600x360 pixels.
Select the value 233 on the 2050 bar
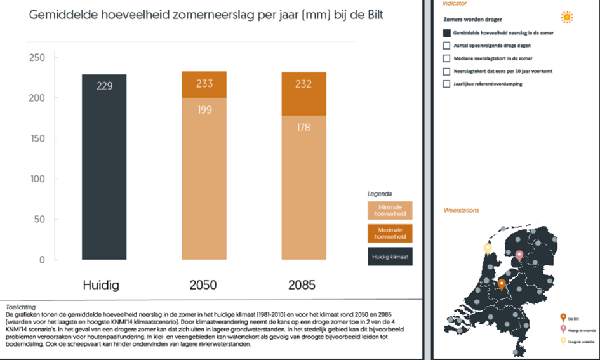pyautogui.click(x=204, y=84)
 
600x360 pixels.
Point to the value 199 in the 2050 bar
pyautogui.click(x=204, y=110)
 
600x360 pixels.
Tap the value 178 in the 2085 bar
pyautogui.click(x=303, y=128)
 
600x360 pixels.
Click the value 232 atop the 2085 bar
pyautogui.click(x=303, y=84)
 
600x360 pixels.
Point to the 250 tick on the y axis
pyautogui.click(x=37, y=58)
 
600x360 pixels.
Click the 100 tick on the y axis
pyautogui.click(x=37, y=179)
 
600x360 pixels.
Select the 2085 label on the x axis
pyautogui.click(x=302, y=285)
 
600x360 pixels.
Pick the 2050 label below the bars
pyautogui.click(x=203, y=285)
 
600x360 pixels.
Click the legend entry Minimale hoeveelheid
pyautogui.click(x=390, y=210)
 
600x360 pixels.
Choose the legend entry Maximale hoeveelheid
pyautogui.click(x=390, y=233)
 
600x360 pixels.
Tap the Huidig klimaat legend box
pyautogui.click(x=390, y=256)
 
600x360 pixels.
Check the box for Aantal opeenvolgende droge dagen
pyautogui.click(x=447, y=46)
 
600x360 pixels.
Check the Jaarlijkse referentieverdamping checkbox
pyautogui.click(x=447, y=84)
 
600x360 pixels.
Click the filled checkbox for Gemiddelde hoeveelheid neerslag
pyautogui.click(x=447, y=33)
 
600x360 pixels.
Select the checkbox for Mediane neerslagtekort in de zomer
pyautogui.click(x=447, y=58)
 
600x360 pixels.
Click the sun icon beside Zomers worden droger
pyautogui.click(x=566, y=18)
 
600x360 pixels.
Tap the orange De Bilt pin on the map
pyautogui.click(x=502, y=284)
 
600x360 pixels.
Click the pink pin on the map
pyautogui.click(x=519, y=256)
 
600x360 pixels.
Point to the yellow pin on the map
pyautogui.click(x=488, y=248)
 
